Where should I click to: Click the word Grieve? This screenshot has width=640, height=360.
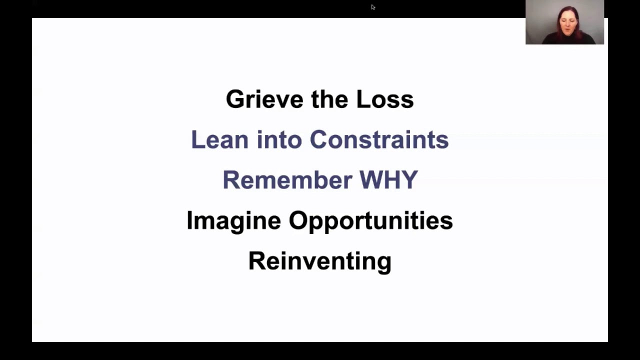(264, 99)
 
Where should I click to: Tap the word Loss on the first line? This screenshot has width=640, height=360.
(385, 99)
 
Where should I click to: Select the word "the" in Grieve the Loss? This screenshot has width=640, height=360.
(329, 99)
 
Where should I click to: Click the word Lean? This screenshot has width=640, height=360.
(219, 139)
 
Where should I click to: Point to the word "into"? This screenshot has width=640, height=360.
(279, 139)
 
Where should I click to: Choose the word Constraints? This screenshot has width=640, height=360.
(379, 139)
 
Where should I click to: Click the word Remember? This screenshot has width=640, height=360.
(287, 179)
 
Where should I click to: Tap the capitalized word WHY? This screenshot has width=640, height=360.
(388, 179)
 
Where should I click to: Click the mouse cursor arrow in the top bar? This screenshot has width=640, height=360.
(373, 7)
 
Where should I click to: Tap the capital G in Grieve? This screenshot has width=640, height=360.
(235, 99)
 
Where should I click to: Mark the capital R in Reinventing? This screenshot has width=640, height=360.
(257, 260)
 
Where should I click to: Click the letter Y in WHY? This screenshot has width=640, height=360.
(409, 179)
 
